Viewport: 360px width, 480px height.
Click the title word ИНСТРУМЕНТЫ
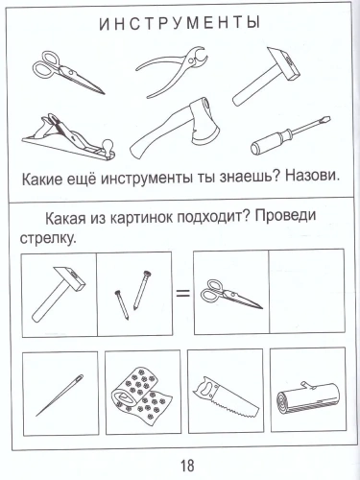click(x=179, y=22)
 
